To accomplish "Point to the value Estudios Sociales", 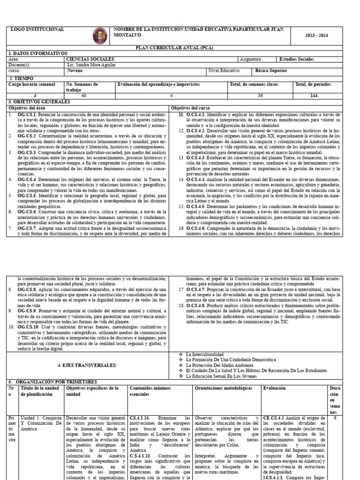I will tap(296, 60).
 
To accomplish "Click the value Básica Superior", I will tap(271, 71).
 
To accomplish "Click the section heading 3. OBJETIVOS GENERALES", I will tap(39, 101).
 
